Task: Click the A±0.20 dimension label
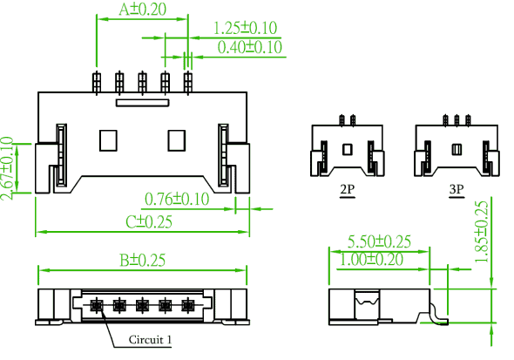pyautogui.click(x=142, y=10)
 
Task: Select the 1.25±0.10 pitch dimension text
pyautogui.click(x=245, y=28)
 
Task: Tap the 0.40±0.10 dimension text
pyautogui.click(x=250, y=47)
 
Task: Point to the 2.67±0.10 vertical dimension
pyautogui.click(x=7, y=168)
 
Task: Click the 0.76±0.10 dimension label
pyautogui.click(x=177, y=199)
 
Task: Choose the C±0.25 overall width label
pyautogui.click(x=149, y=222)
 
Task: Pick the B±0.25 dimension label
pyautogui.click(x=142, y=261)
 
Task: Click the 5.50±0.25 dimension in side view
pyautogui.click(x=379, y=241)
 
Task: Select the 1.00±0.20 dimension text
pyautogui.click(x=371, y=260)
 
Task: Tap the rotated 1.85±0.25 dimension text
pyautogui.click(x=482, y=232)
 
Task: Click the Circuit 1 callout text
pyautogui.click(x=150, y=340)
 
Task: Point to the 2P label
pyautogui.click(x=347, y=189)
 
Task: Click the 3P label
pyautogui.click(x=457, y=189)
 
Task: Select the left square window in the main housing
pyautogui.click(x=108, y=140)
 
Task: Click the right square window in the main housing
pyautogui.click(x=177, y=140)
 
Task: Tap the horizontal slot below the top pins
pyautogui.click(x=143, y=103)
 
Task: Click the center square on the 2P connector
pyautogui.click(x=348, y=150)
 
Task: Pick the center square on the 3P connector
pyautogui.click(x=457, y=150)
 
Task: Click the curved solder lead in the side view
pyautogui.click(x=436, y=315)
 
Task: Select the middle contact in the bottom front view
pyautogui.click(x=142, y=306)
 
